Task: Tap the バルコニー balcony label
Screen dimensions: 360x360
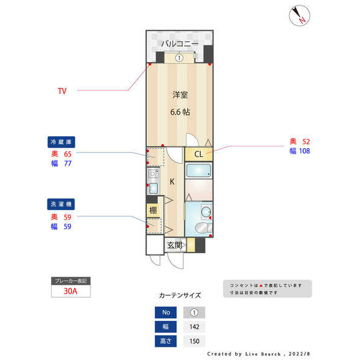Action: pos(179,44)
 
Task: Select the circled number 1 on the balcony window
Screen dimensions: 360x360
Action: pos(179,58)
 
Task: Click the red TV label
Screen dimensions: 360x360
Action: pos(62,91)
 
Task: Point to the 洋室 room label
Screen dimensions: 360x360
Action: pos(180,94)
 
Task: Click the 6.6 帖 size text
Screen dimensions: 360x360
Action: pos(180,112)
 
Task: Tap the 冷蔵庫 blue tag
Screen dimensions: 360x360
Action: pos(61,142)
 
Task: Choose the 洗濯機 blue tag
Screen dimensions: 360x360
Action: pos(61,204)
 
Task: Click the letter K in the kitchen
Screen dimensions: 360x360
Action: pos(172,182)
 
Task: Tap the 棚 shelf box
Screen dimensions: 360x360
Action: pos(153,210)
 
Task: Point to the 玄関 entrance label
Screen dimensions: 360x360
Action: pos(175,245)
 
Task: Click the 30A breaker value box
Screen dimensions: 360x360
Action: pos(70,291)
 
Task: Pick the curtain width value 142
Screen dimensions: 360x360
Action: pos(194,327)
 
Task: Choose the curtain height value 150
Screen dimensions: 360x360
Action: pos(194,341)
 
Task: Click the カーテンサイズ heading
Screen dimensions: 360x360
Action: pos(180,295)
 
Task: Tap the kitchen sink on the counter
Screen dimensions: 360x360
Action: pos(152,175)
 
